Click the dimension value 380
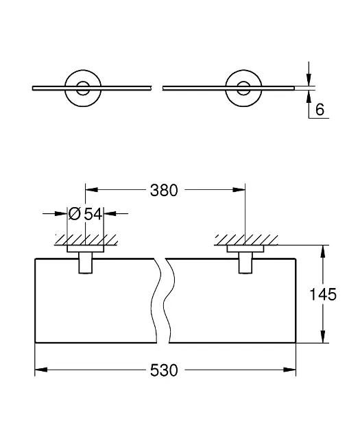tap(164, 191)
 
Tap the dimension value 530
tap(164, 370)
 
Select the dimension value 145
tap(323, 294)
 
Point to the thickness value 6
tap(320, 110)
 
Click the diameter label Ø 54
tap(86, 214)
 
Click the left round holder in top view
tap(83, 88)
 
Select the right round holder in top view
tap(243, 88)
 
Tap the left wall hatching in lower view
tap(86, 240)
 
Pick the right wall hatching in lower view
tap(246, 240)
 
